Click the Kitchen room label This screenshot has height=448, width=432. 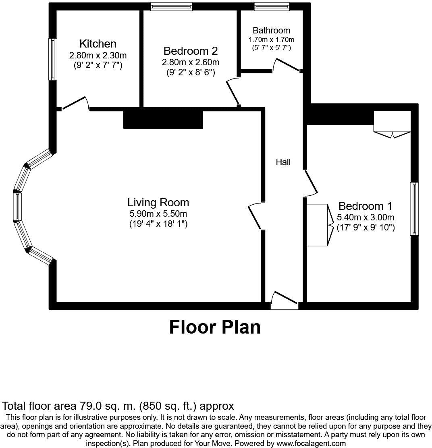point(98,44)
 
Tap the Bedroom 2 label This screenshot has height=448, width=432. point(191,51)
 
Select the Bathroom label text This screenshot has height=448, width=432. point(271,30)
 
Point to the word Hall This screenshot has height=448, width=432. point(283,162)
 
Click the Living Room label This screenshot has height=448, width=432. point(158,202)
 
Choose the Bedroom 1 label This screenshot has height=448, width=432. point(365,206)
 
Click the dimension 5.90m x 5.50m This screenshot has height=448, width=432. point(158,214)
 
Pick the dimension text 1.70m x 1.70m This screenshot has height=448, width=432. point(271,39)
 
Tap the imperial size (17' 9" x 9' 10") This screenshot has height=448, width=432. point(365,228)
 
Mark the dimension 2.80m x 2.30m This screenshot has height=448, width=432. point(98,55)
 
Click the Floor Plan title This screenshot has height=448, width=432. point(215,327)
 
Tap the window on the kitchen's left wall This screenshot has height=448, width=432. point(52,59)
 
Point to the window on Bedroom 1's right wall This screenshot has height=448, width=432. point(414,209)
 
